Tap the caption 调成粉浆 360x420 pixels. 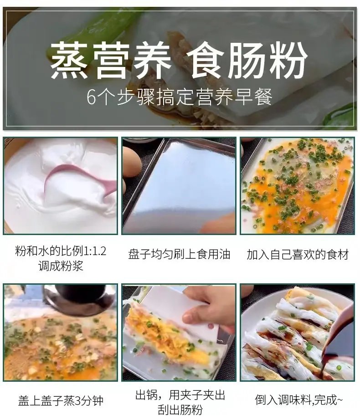pyautogui.click(x=61, y=266)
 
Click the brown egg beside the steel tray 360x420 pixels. pyautogui.click(x=131, y=162)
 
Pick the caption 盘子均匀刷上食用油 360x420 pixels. pyautogui.click(x=179, y=254)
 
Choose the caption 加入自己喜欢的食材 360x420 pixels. pyautogui.click(x=298, y=254)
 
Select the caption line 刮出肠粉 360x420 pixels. pyautogui.click(x=180, y=410)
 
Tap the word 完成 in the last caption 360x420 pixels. pyautogui.click(x=325, y=400)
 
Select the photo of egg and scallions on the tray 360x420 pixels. pyautogui.click(x=297, y=186)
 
